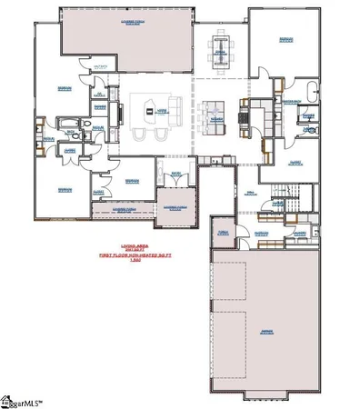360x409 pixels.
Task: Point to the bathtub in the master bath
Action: coord(310,92)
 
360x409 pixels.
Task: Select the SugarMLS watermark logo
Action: coord(23,399)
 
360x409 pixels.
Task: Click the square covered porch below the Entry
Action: coord(175,205)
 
